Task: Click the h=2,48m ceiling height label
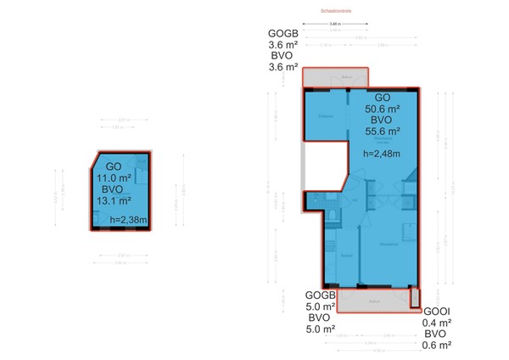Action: [382, 154]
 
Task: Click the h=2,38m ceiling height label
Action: [130, 220]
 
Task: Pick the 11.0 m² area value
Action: [113, 178]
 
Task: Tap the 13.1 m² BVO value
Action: [113, 201]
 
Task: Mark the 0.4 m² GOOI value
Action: [436, 323]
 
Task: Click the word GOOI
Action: [435, 312]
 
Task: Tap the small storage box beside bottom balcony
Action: [415, 298]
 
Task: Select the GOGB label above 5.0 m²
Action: [321, 295]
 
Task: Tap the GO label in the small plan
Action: [113, 166]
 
